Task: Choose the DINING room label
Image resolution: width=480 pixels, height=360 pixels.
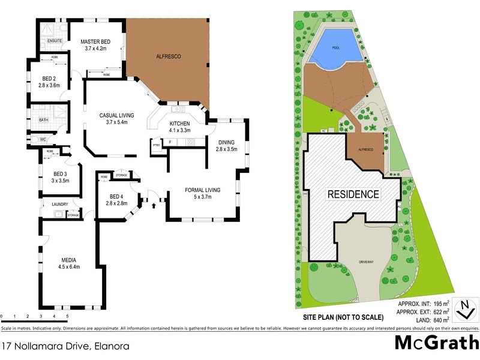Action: coord(226,142)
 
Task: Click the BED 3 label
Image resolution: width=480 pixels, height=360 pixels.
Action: coord(59,174)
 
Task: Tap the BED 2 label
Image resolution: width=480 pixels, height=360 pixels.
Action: coord(49,79)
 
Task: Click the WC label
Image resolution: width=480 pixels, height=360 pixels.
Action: coord(43,140)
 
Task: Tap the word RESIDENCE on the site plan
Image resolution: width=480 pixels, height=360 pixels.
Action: coord(353,194)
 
